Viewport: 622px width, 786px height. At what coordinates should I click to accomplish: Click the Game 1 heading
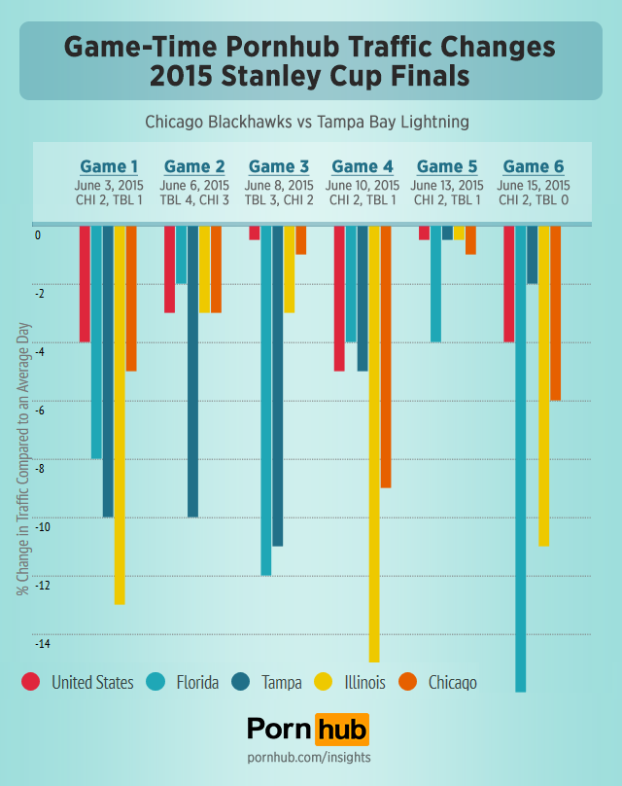tap(109, 166)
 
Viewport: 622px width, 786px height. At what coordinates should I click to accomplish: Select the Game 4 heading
tap(363, 166)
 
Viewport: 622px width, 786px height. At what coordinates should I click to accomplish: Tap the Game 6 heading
tap(534, 166)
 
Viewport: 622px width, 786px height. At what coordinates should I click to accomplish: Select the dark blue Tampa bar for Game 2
tap(192, 371)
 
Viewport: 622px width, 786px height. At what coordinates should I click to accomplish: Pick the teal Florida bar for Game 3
tap(266, 400)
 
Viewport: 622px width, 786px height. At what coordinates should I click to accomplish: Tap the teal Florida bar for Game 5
tap(435, 283)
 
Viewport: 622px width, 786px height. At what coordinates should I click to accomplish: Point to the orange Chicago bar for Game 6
tap(556, 312)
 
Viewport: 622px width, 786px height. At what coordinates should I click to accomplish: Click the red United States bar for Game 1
tap(85, 283)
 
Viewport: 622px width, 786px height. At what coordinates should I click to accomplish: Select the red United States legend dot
tap(31, 682)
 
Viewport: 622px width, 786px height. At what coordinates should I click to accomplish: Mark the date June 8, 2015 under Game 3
tap(279, 185)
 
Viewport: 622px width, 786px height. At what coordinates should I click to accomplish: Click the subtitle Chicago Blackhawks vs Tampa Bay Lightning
tap(307, 123)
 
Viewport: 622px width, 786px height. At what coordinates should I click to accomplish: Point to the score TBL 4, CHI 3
tap(194, 199)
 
